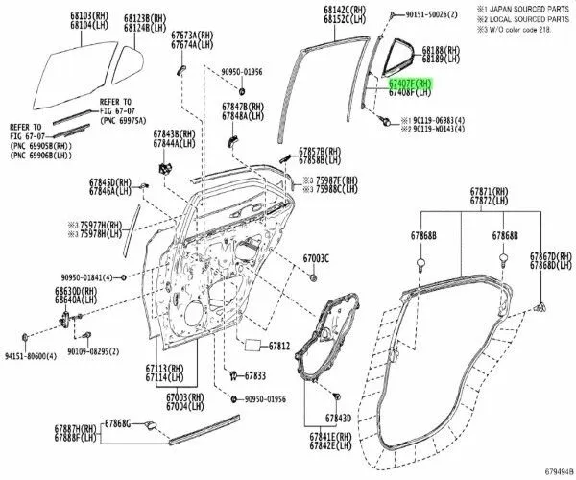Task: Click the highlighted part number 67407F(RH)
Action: tap(409, 84)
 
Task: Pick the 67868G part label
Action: tap(117, 423)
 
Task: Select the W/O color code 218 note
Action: tap(519, 29)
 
